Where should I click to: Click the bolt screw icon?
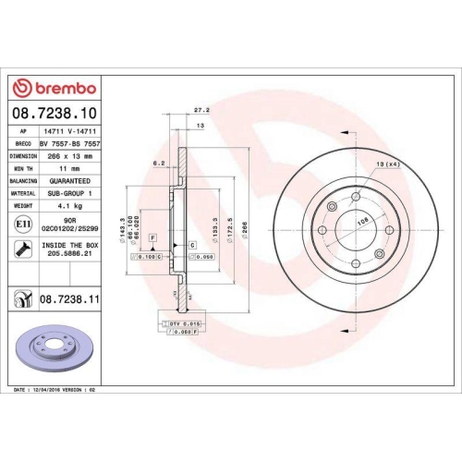(x=21, y=249)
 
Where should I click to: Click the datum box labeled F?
(x=152, y=238)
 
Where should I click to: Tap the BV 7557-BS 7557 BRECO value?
(x=71, y=144)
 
